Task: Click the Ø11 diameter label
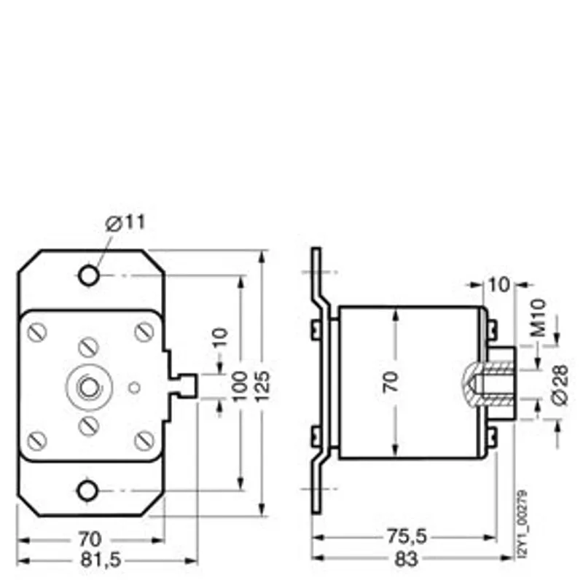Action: [125, 223]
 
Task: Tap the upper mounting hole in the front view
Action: [89, 275]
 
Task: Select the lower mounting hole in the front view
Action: [87, 490]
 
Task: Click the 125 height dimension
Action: [262, 386]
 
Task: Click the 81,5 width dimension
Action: [101, 560]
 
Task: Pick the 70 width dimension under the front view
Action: [90, 539]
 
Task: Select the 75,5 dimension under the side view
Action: [407, 536]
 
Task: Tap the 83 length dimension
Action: [406, 559]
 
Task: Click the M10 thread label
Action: [538, 318]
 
